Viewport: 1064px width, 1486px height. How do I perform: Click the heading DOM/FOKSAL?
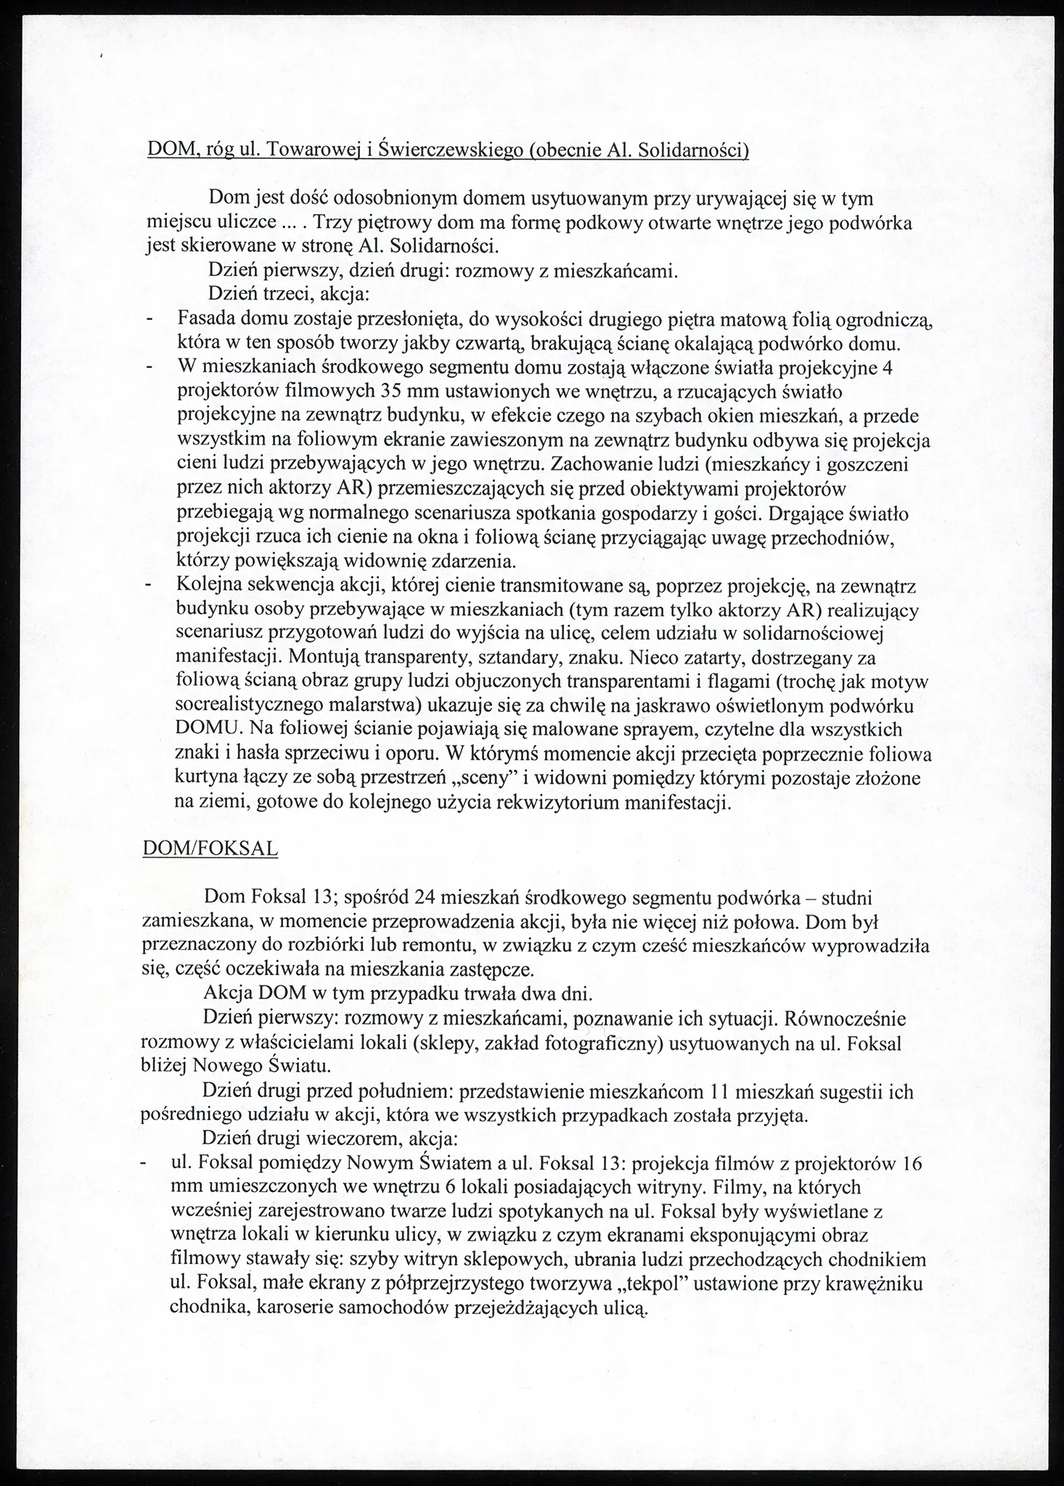pos(210,849)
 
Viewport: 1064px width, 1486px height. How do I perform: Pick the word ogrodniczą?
pos(879,319)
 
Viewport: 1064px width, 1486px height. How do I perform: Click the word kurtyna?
pos(205,779)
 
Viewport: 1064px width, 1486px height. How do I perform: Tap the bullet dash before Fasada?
pos(150,319)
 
